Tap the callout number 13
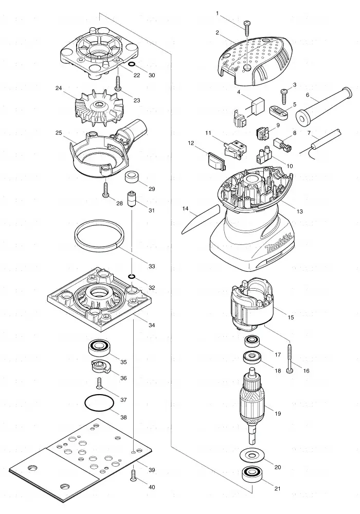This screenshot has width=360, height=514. coord(299,211)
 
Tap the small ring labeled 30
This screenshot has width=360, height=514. coord(131,64)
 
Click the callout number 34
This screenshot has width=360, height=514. coord(152,325)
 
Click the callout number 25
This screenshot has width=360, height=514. coord(59,133)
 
